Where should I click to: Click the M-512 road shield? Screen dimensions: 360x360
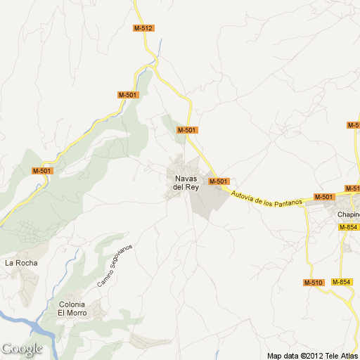(x=143, y=28)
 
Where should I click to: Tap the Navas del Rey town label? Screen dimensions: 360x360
(x=186, y=182)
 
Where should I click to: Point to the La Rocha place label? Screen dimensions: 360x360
(x=21, y=263)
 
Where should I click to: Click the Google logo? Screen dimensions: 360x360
(x=22, y=349)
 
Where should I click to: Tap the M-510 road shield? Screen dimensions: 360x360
(x=313, y=283)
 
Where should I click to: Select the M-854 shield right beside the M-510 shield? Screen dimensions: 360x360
(x=341, y=283)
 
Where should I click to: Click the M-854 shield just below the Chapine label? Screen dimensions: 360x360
(x=348, y=227)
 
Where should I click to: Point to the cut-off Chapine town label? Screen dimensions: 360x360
(x=348, y=214)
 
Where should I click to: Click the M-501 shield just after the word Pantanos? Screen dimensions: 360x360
(x=323, y=196)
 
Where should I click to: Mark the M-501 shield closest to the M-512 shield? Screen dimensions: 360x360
(x=128, y=95)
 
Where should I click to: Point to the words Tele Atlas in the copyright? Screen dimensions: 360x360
(x=340, y=355)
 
